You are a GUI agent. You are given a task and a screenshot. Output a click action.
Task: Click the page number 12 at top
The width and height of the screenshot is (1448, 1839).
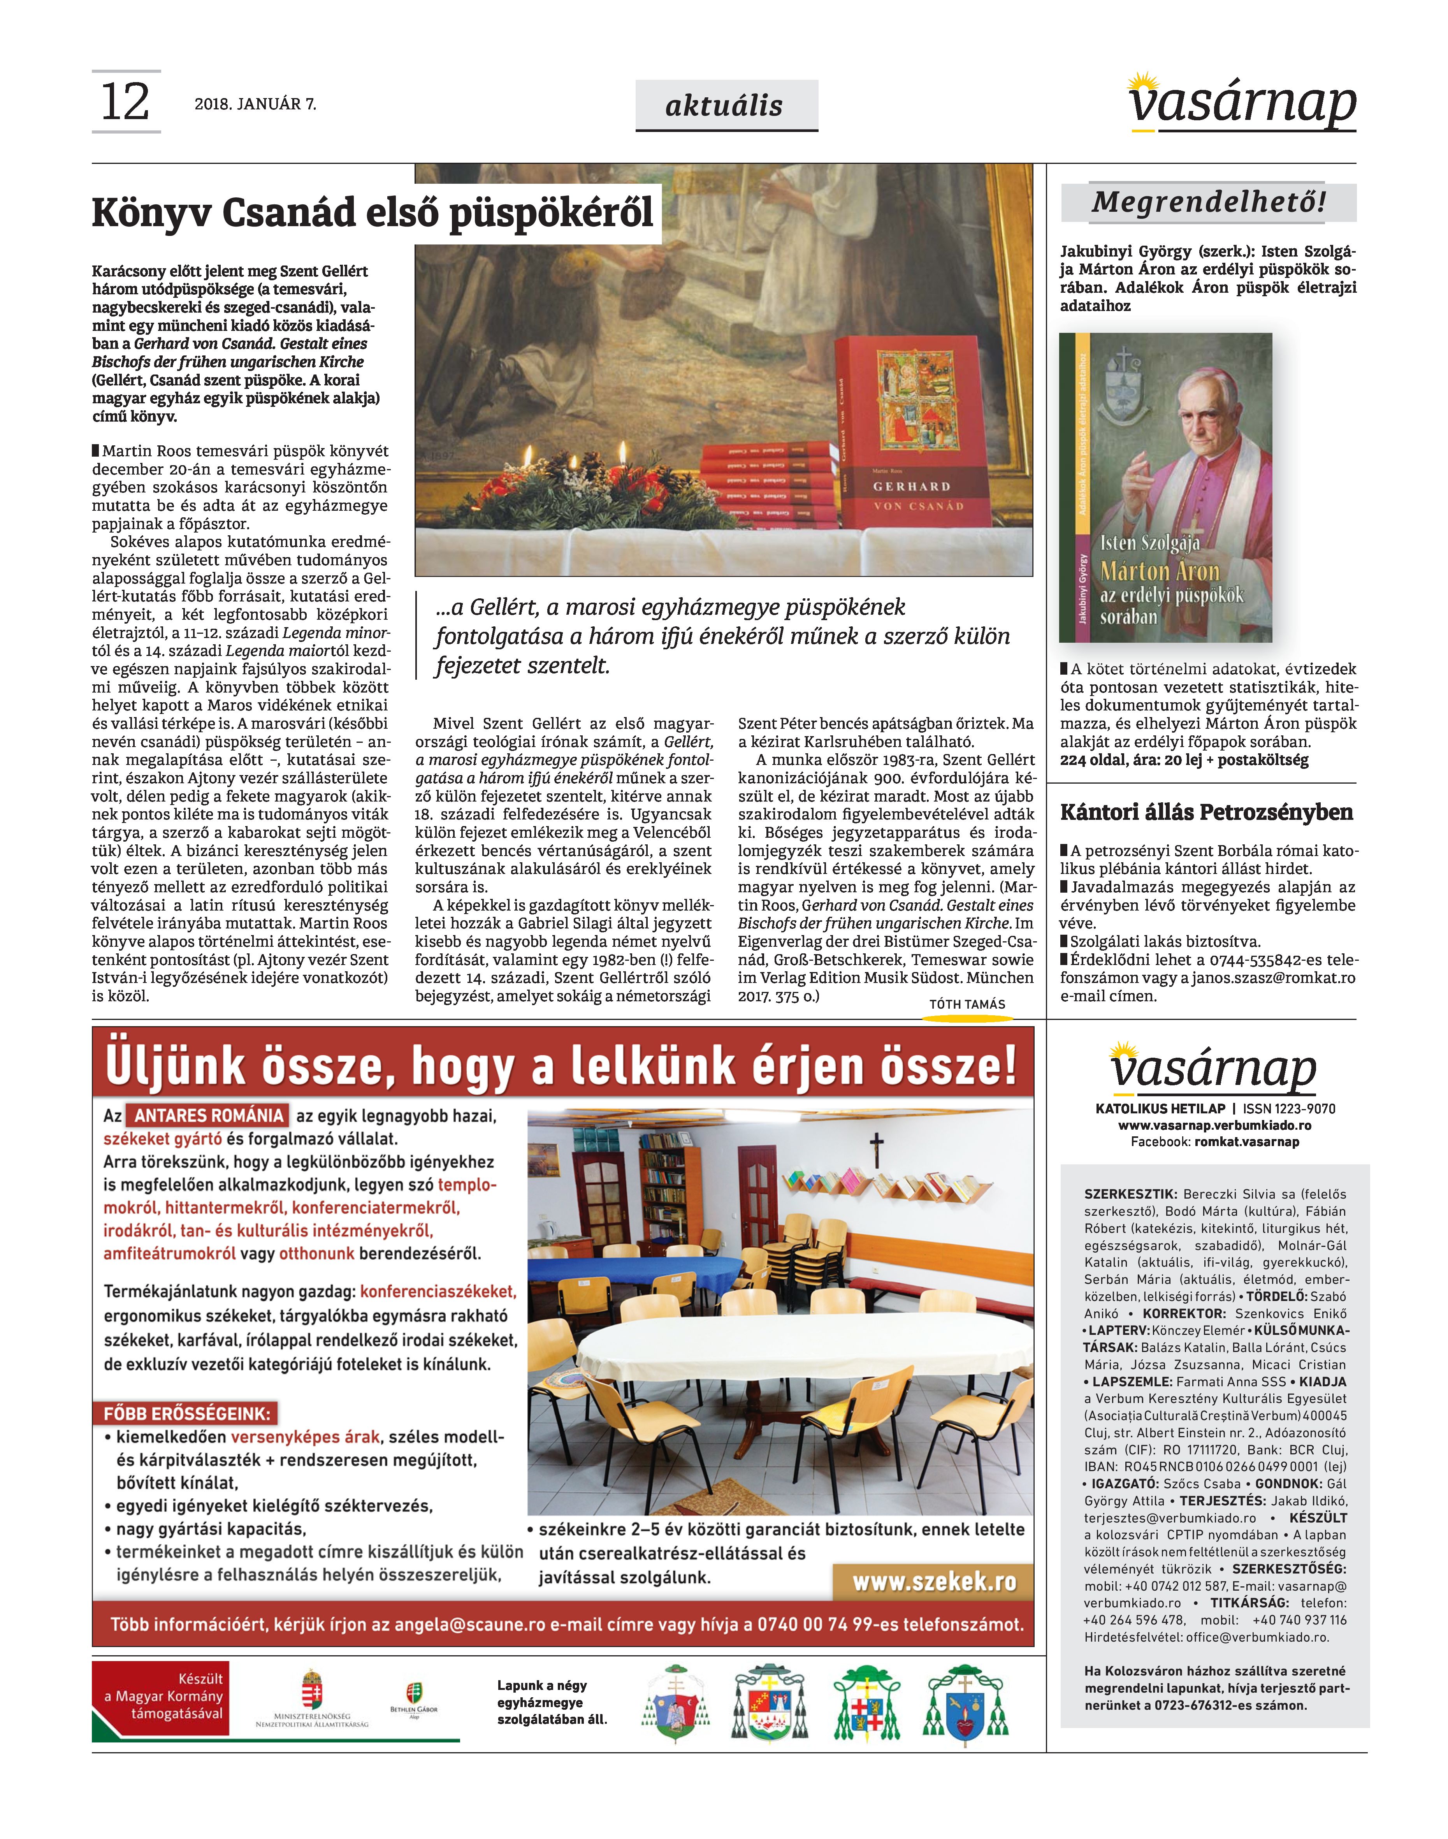[125, 102]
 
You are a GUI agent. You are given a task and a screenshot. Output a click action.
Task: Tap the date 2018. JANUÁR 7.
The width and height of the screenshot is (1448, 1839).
[255, 104]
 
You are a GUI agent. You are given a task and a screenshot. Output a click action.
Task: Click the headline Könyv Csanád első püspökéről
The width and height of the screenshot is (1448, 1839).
[373, 213]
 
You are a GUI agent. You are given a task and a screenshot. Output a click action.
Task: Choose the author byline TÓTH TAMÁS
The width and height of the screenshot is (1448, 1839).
[967, 1005]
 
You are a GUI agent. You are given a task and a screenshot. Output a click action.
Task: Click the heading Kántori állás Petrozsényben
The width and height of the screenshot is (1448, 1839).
[1206, 812]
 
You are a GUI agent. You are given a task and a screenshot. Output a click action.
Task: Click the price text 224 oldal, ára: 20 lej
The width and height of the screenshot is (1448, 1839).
[1136, 761]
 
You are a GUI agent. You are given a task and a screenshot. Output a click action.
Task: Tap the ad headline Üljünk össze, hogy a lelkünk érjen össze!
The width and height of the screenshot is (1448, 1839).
[562, 1067]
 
